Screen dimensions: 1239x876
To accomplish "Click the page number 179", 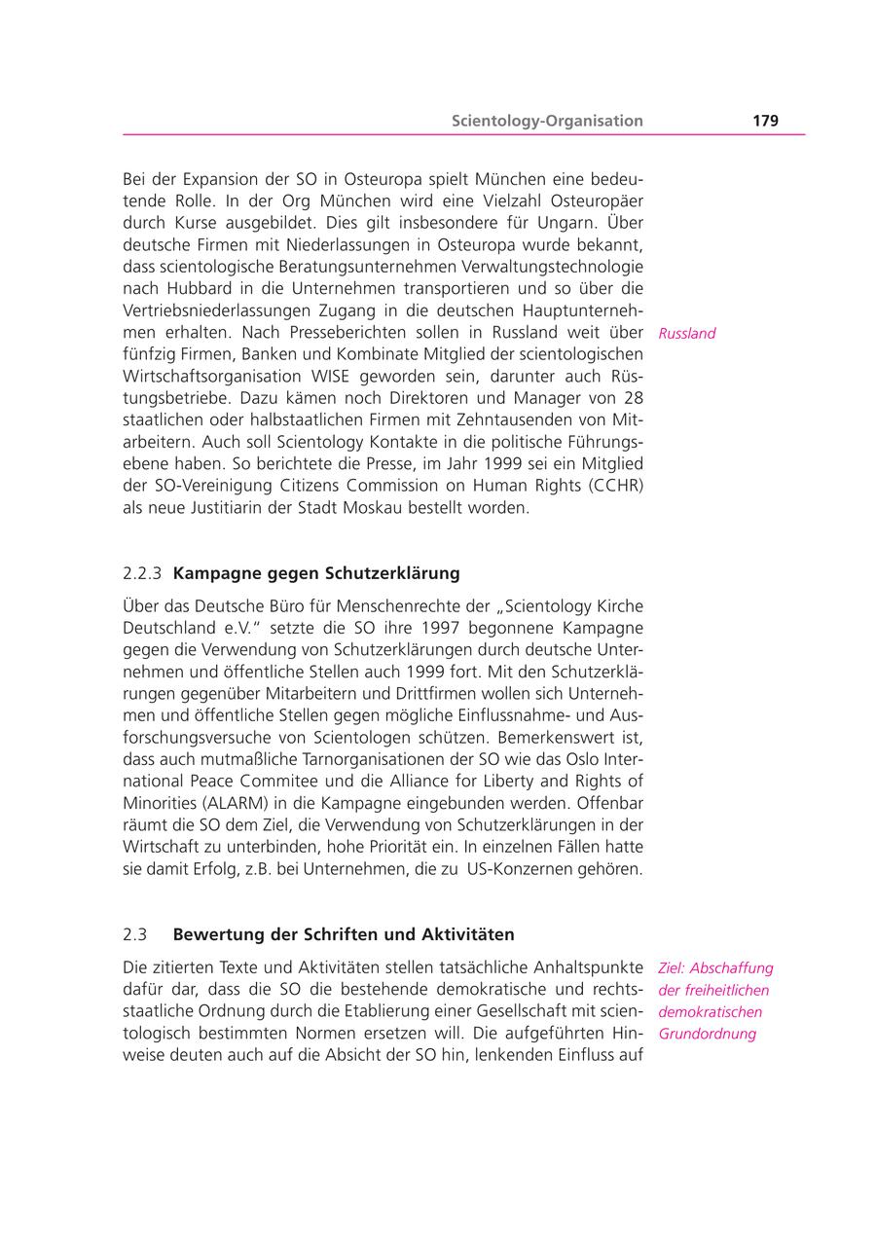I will point(765,121).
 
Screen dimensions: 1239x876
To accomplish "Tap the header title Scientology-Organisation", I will point(547,121).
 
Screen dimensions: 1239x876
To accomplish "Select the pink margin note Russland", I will point(687,333).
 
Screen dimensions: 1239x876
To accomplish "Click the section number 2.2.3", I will point(142,572).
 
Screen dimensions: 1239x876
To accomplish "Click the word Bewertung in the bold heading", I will point(213,934).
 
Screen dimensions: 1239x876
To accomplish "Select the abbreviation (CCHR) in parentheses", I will point(610,485).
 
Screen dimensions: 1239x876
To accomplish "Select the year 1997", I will point(442,629).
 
